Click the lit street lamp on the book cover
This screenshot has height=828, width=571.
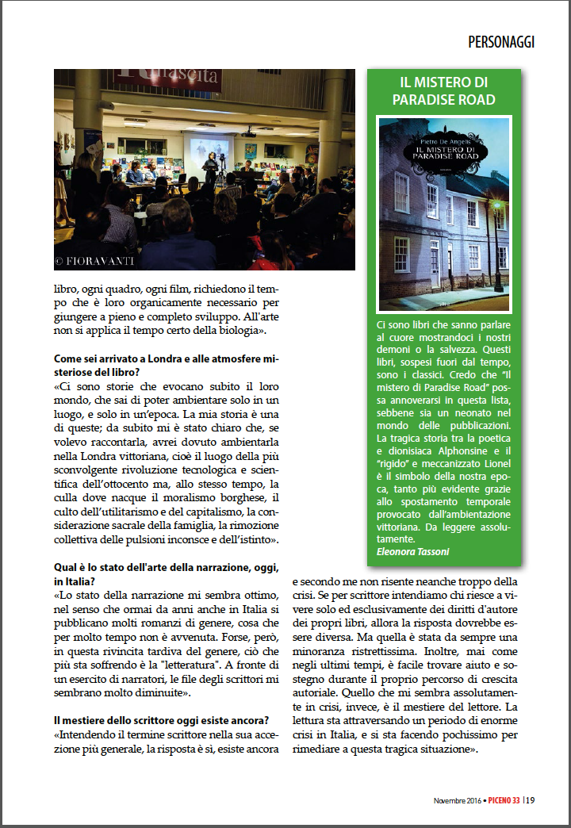(x=496, y=209)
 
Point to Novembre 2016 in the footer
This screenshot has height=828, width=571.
(x=459, y=800)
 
